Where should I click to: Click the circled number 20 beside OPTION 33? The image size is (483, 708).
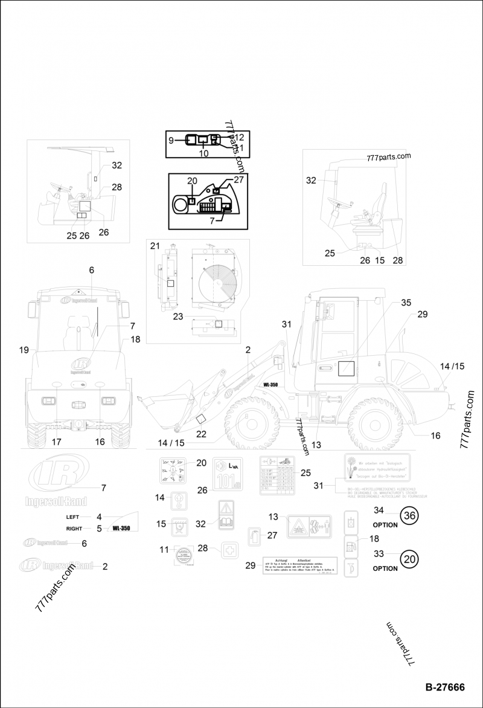pyautogui.click(x=409, y=559)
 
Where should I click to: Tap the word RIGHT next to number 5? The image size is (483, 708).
pyautogui.click(x=74, y=528)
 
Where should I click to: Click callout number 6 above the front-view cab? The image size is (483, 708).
pyautogui.click(x=92, y=271)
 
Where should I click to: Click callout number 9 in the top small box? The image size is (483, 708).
pyautogui.click(x=171, y=140)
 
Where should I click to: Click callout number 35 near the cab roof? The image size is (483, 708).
pyautogui.click(x=406, y=302)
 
